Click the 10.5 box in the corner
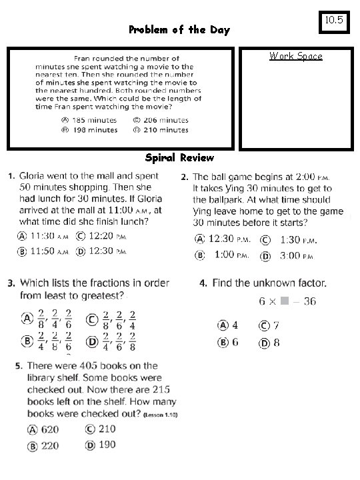(x=335, y=21)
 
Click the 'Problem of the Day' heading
(x=179, y=30)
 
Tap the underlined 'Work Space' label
(x=295, y=56)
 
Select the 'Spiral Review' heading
(x=179, y=158)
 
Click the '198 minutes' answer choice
(x=89, y=129)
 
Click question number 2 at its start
(x=184, y=177)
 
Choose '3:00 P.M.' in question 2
(x=293, y=255)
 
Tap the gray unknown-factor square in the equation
(x=285, y=301)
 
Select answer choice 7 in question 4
(x=275, y=325)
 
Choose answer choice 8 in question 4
(x=275, y=343)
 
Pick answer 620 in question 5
(x=49, y=430)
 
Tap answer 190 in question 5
(x=107, y=445)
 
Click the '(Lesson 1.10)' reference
(x=161, y=415)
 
